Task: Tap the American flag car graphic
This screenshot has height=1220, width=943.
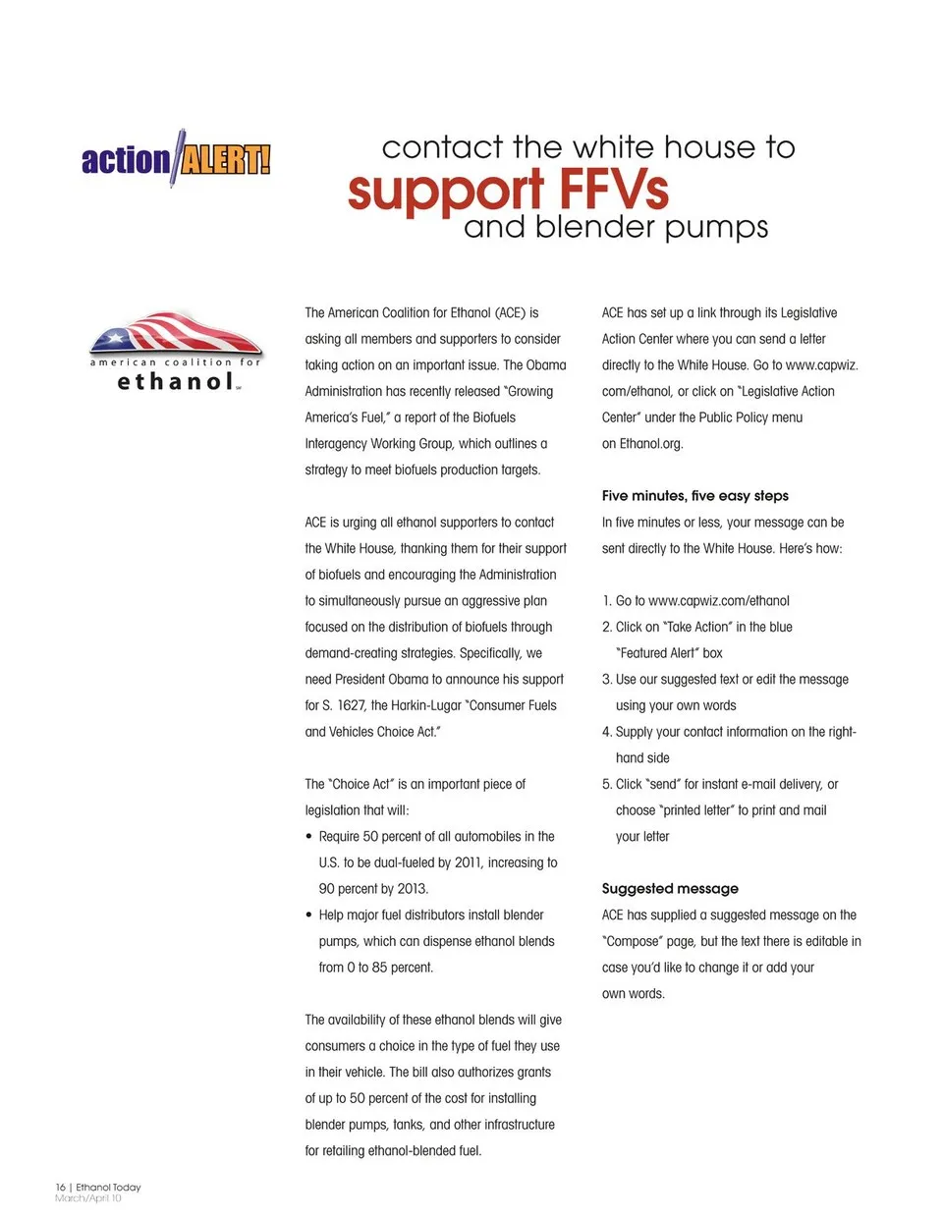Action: coord(176,333)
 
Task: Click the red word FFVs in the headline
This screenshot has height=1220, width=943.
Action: coord(614,190)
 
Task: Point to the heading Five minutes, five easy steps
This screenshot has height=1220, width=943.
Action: coord(694,496)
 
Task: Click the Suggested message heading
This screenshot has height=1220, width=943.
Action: coord(670,889)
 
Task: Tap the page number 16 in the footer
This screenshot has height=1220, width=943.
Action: coord(60,1187)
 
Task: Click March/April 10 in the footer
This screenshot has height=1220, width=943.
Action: coord(88,1198)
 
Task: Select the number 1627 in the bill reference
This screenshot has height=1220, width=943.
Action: coord(351,705)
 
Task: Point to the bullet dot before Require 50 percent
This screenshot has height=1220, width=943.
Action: coord(309,837)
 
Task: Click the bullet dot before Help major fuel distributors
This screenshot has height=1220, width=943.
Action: coord(309,915)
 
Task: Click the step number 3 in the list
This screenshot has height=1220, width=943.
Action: coord(606,680)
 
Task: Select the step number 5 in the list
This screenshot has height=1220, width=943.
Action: coord(606,785)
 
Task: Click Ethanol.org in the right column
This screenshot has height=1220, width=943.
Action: coord(650,444)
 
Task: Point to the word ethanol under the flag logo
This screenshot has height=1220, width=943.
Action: coord(176,382)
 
